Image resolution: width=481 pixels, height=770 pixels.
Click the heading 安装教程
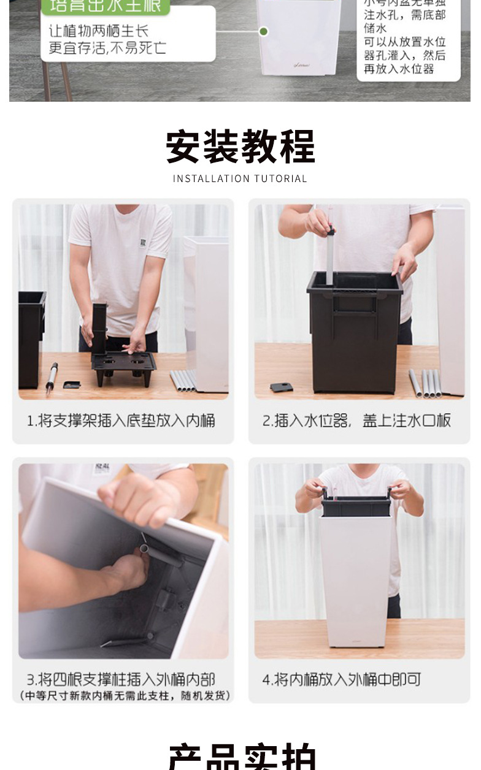coord(240,147)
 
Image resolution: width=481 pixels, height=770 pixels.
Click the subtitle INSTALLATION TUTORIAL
coord(240,179)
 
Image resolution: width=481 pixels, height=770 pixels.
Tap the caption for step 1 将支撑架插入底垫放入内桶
coord(121,421)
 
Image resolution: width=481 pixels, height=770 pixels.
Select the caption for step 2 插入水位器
coord(357,421)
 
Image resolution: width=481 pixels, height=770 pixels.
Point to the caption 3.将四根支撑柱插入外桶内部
coord(121,679)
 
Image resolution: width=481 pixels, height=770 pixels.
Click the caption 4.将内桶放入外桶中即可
coord(342,679)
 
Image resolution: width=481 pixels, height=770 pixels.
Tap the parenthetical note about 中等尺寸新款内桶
coord(125,696)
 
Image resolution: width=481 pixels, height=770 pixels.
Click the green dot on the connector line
coord(263,31)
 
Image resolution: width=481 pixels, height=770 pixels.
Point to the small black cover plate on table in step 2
coord(282,387)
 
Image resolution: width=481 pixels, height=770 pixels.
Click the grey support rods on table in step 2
coord(425,383)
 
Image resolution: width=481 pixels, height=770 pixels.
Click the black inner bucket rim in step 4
coord(356,506)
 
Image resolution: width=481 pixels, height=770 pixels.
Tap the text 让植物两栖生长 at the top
coord(99,31)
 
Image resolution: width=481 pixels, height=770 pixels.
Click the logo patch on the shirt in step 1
coord(142,243)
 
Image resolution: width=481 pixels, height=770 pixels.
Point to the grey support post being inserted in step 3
coord(161,554)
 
